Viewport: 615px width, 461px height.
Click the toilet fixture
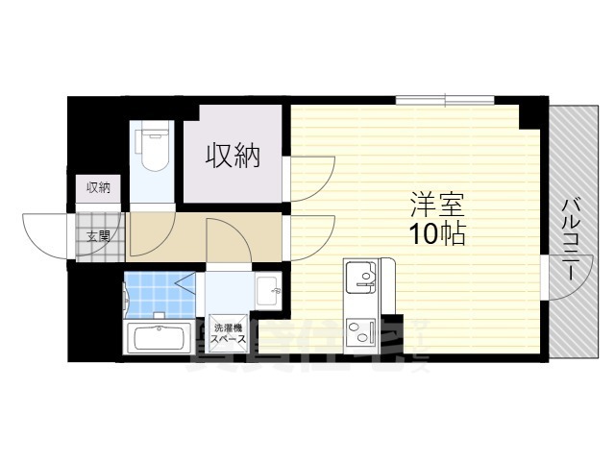[x=153, y=152]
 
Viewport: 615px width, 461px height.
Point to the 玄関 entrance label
[x=98, y=235]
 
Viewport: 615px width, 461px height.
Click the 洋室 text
[x=438, y=205]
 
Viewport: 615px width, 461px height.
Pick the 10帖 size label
[x=438, y=234]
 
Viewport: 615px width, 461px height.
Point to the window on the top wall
[x=446, y=99]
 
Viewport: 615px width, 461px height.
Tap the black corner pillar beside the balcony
[x=531, y=113]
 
